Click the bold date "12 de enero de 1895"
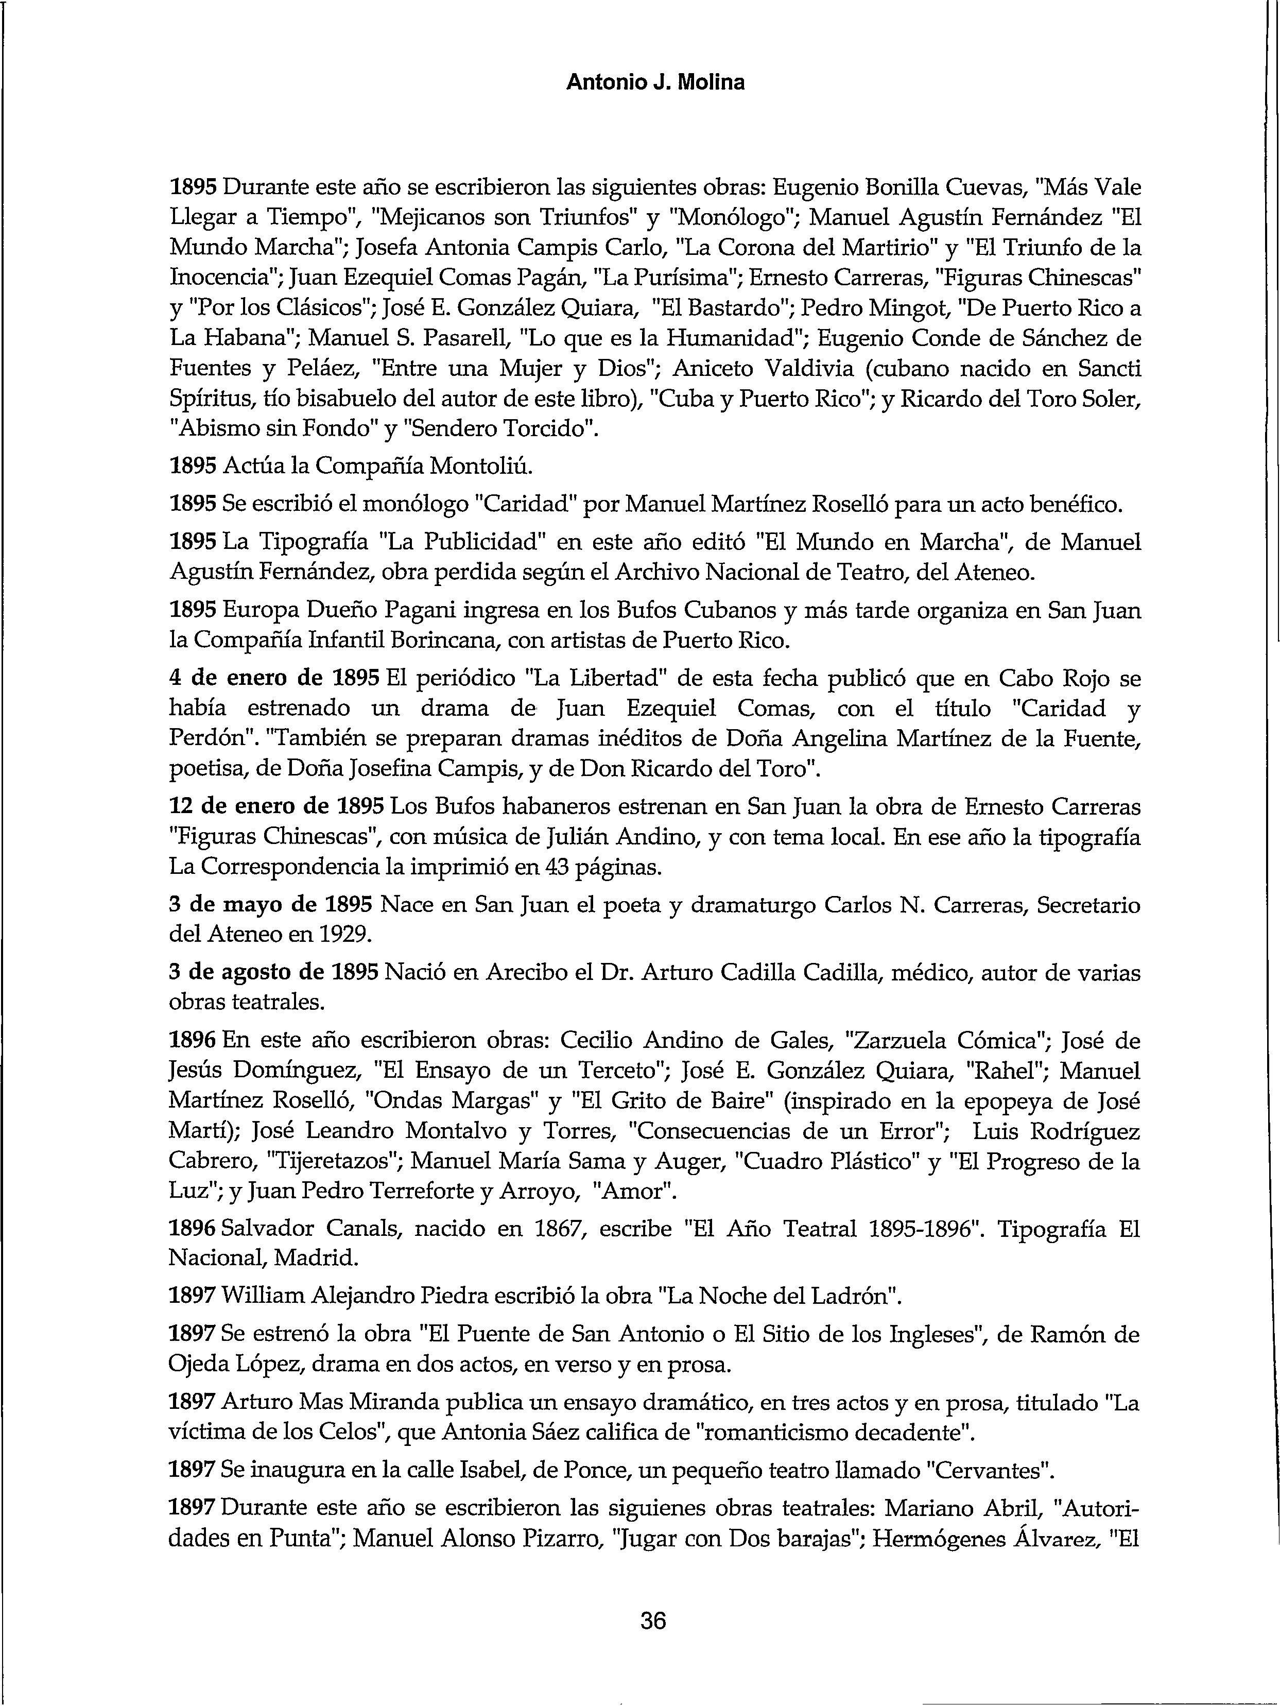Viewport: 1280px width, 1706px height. click(x=276, y=807)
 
